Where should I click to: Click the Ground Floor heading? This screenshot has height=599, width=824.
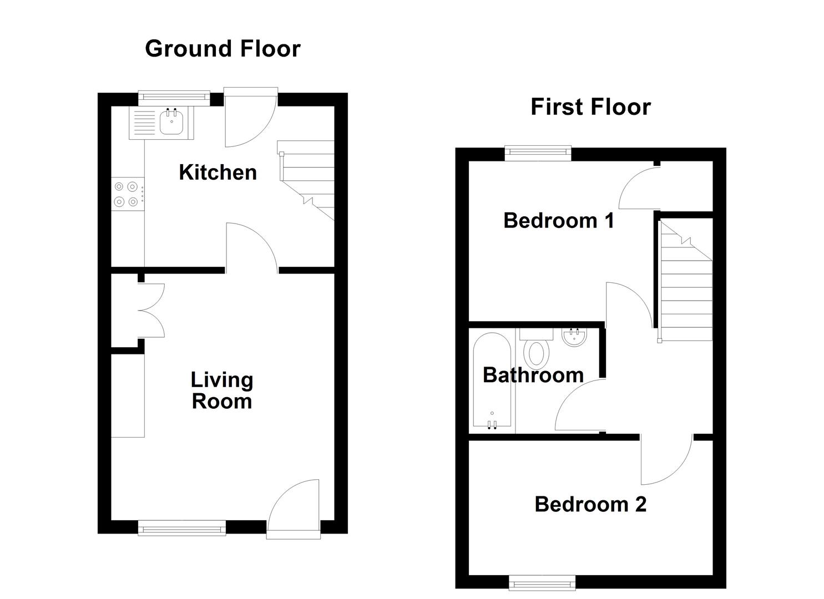[x=223, y=49]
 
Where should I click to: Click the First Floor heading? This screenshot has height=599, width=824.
[x=590, y=107]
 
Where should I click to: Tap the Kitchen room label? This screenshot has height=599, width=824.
[x=218, y=172]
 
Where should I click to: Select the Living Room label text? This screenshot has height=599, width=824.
[x=222, y=390]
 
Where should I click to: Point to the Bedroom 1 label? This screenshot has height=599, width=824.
[x=558, y=221]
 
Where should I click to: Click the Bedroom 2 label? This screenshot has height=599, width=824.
[x=590, y=504]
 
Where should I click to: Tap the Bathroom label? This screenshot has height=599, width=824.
[x=533, y=375]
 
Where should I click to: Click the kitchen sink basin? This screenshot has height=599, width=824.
[x=172, y=121]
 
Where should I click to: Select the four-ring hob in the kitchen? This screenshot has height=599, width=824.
[x=127, y=194]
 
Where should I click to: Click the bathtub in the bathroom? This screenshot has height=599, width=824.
[x=492, y=380]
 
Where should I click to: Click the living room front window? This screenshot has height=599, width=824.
[x=182, y=527]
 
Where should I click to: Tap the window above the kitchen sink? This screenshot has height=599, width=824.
[x=174, y=98]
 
